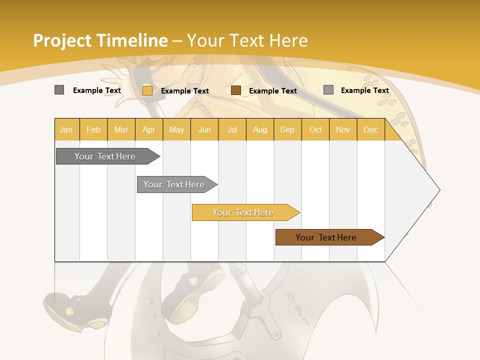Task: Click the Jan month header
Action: [x=66, y=129]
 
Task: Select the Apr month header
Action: [x=149, y=129]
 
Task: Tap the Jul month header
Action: [x=232, y=129]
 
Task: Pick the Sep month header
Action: [x=287, y=129]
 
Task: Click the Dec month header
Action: [x=370, y=129]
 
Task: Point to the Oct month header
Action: [x=315, y=129]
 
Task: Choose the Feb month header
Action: [x=93, y=129]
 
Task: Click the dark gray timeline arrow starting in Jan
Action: [x=105, y=156]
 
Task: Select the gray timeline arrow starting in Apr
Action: [x=174, y=184]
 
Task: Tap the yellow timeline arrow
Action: [x=243, y=212]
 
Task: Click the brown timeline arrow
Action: [x=326, y=237]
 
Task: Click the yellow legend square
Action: [x=147, y=90]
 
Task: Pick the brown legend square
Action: [x=236, y=90]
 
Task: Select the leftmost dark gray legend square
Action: [x=59, y=90]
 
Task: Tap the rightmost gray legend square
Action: [x=328, y=90]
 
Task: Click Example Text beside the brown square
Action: [x=272, y=91]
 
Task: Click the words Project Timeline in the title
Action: [x=100, y=40]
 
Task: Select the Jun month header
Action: [x=204, y=129]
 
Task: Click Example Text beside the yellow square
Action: [x=184, y=91]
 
